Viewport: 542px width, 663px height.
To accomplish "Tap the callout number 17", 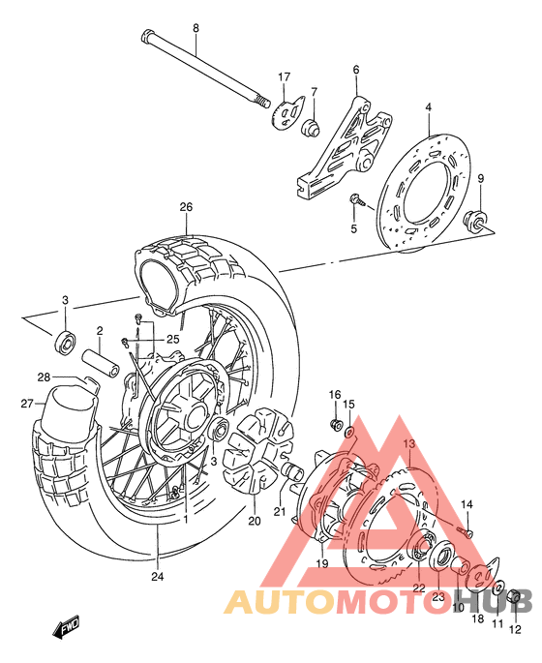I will pyautogui.click(x=285, y=76).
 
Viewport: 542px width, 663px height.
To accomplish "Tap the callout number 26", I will pyautogui.click(x=186, y=206).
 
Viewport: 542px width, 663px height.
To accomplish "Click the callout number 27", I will pyautogui.click(x=27, y=405).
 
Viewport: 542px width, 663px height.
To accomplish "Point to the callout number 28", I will pyautogui.click(x=44, y=377).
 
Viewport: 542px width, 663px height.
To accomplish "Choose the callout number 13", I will pyautogui.click(x=408, y=443).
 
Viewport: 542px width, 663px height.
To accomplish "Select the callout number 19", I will pyautogui.click(x=321, y=564).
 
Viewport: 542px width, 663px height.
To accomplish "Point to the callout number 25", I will pyautogui.click(x=173, y=338).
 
